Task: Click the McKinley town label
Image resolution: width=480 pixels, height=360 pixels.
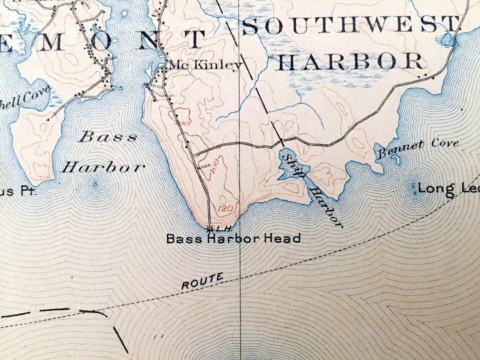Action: coord(205,65)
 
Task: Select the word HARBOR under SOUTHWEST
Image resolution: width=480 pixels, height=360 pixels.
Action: coord(350,62)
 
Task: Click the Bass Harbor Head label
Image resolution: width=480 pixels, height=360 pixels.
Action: coord(233,239)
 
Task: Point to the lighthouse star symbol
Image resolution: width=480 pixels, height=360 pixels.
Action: coord(209,229)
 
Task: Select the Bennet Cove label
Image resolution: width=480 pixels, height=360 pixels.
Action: coord(417,148)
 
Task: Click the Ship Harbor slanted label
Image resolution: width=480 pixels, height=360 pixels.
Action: coord(311,189)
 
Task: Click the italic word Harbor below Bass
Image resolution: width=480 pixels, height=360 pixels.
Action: coord(103,168)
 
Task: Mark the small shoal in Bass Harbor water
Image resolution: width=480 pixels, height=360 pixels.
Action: coord(95,184)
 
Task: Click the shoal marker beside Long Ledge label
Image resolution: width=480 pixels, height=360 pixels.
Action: coord(415,190)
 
